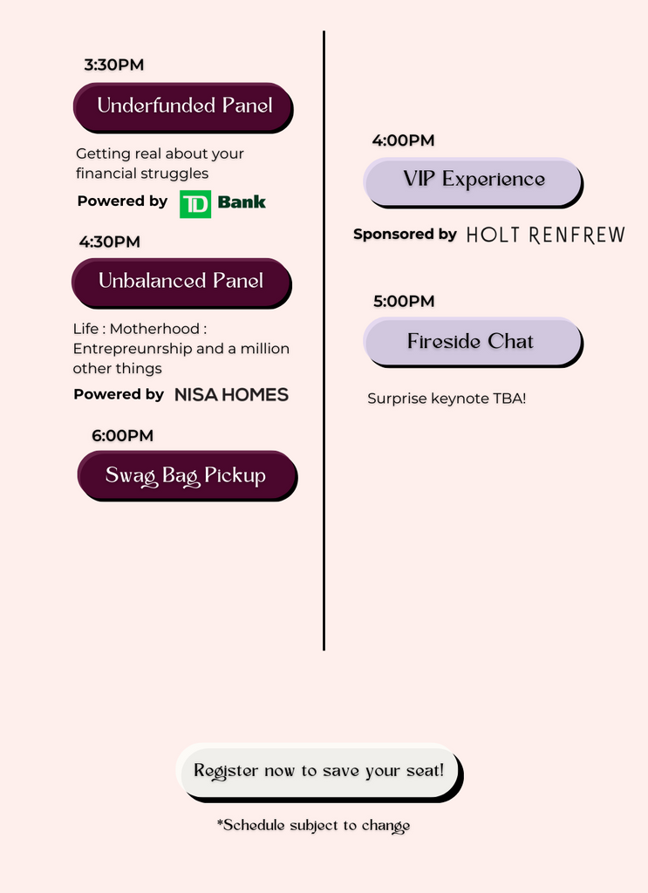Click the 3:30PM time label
[x=114, y=65]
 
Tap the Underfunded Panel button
[x=183, y=107]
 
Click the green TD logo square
[x=195, y=204]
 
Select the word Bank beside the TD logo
[x=242, y=202]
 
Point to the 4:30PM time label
[x=110, y=242]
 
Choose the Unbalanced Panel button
[x=181, y=283]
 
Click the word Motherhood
[x=154, y=329]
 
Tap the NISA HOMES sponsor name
[x=231, y=395]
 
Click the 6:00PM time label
[x=122, y=436]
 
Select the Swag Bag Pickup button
[x=188, y=475]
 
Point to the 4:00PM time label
[x=403, y=140]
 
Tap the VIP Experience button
[x=474, y=182]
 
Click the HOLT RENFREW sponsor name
[x=545, y=235]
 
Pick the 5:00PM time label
[x=404, y=301]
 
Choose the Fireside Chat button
[x=474, y=342]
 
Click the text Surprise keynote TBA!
[x=447, y=399]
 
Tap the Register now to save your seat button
[x=319, y=773]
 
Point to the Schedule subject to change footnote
[x=313, y=826]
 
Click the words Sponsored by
[x=405, y=234]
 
